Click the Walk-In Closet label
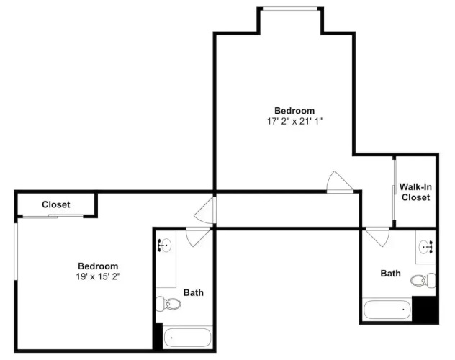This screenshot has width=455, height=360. pyautogui.click(x=415, y=192)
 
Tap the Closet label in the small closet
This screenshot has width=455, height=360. pyautogui.click(x=56, y=204)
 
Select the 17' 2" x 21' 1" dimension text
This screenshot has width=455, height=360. pyautogui.click(x=295, y=121)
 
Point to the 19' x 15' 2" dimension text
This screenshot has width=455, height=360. pyautogui.click(x=98, y=276)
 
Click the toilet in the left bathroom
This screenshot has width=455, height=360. pyautogui.click(x=168, y=304)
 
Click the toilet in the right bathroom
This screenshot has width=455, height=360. pyautogui.click(x=423, y=281)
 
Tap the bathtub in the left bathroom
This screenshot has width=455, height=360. pyautogui.click(x=187, y=338)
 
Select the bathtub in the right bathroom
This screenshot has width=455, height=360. pyautogui.click(x=387, y=310)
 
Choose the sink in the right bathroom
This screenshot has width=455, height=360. pyautogui.click(x=426, y=247)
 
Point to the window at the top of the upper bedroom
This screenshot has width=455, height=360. pyautogui.click(x=290, y=9)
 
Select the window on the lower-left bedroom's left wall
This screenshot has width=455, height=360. pyautogui.click(x=16, y=249)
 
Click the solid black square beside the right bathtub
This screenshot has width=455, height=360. pyautogui.click(x=425, y=309)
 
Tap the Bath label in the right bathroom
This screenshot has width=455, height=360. pyautogui.click(x=391, y=274)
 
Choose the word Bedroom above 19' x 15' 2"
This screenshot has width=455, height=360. pyautogui.click(x=98, y=266)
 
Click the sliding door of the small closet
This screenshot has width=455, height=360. pyautogui.click(x=53, y=216)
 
